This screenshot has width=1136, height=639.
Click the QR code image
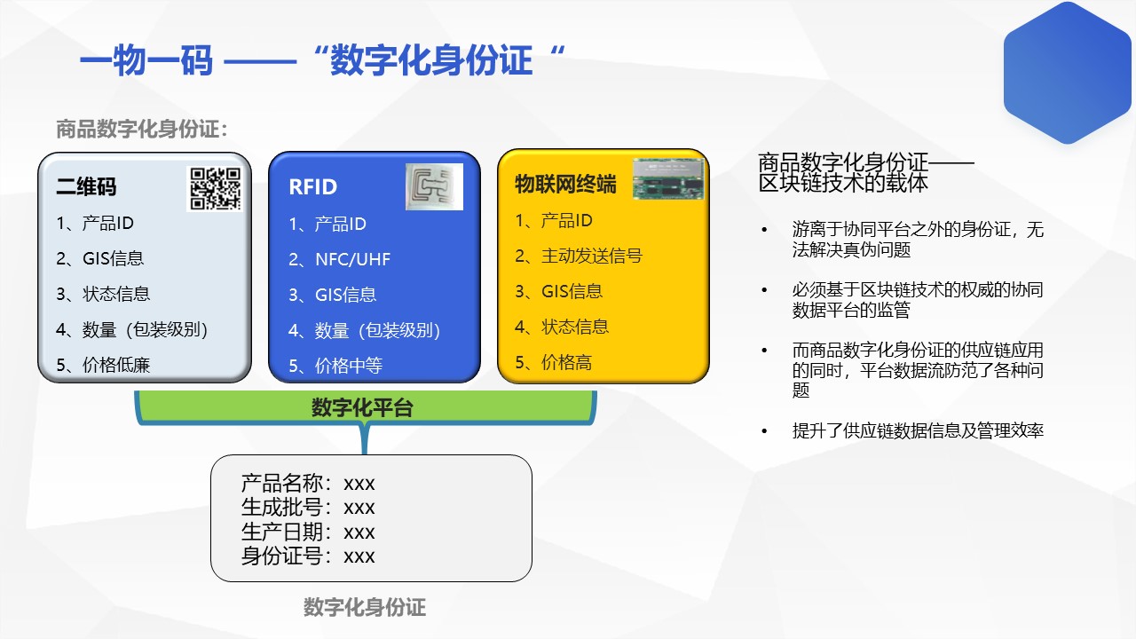215,189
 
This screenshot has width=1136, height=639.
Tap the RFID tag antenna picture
434,186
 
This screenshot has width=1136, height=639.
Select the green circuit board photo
668,178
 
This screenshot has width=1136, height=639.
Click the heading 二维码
86,186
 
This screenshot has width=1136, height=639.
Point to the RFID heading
313,187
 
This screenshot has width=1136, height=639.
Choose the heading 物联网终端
565,184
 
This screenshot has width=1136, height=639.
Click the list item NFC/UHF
340,260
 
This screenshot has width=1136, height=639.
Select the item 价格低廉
104,365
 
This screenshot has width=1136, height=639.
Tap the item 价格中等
335,366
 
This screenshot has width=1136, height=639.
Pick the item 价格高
554,363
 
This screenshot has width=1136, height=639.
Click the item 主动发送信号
579,256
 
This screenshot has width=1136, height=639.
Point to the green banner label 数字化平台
362,407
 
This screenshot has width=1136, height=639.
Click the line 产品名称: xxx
308,484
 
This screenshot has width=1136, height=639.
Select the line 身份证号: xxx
308,556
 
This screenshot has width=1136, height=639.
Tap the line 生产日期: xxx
308,532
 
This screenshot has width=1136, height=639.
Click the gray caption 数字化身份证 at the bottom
365,607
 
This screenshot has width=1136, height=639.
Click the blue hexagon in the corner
1068,73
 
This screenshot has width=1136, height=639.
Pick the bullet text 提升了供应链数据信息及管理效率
918,430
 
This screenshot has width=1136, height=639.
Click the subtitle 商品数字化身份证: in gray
141,129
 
